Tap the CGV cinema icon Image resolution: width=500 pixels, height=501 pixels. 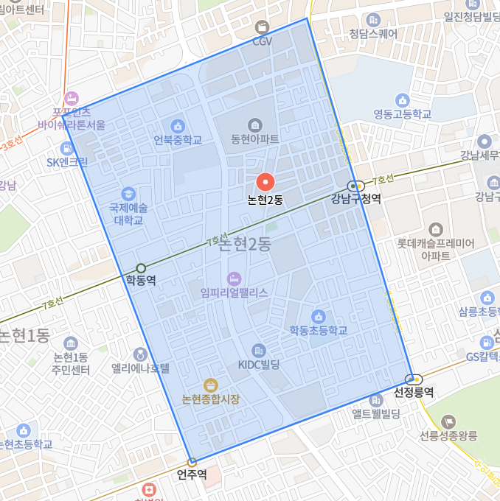[262, 27]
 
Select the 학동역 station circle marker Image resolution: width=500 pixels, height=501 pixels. [141, 268]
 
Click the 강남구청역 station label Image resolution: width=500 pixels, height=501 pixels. [355, 198]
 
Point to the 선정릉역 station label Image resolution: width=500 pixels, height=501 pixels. [414, 392]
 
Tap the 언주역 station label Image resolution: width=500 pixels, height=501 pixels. [192, 473]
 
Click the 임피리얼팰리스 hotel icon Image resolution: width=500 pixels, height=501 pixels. [234, 278]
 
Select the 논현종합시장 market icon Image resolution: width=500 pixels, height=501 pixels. [211, 385]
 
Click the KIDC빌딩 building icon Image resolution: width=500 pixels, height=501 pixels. [258, 351]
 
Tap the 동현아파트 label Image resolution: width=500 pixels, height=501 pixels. [254, 139]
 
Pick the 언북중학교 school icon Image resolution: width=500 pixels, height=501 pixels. [177, 125]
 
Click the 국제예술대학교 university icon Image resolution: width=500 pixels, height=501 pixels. [128, 193]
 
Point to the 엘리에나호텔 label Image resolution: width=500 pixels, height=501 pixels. [140, 368]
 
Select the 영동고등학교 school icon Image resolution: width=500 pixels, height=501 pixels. [402, 99]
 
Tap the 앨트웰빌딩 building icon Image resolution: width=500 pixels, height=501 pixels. [376, 400]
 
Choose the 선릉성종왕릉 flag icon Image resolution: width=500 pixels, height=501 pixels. [448, 421]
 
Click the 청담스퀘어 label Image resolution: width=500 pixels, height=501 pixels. [373, 33]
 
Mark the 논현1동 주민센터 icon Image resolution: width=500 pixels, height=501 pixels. [71, 343]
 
